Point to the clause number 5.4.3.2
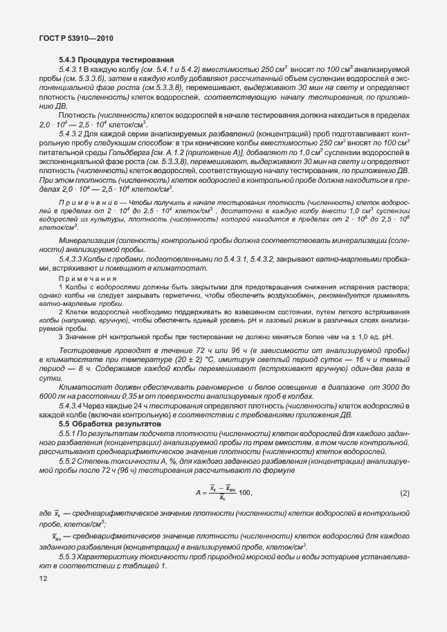(71, 133)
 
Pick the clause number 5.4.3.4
(71, 406)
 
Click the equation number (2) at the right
(405, 493)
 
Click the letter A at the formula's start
(199, 493)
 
